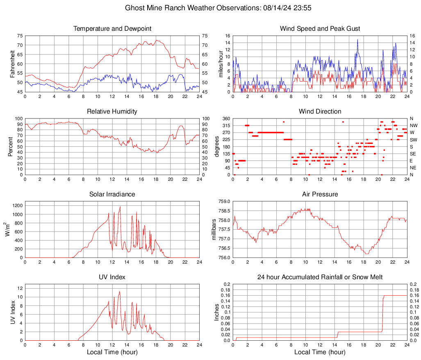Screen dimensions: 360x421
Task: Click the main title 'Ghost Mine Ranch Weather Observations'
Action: [211, 8]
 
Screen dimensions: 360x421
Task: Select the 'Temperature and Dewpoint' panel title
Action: [112, 29]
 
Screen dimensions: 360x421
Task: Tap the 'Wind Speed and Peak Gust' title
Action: [320, 29]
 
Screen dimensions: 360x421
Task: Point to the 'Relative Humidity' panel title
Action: [112, 112]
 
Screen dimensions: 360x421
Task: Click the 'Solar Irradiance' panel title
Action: [112, 194]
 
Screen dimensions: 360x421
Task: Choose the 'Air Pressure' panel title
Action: [320, 194]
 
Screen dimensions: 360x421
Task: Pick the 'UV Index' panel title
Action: [112, 277]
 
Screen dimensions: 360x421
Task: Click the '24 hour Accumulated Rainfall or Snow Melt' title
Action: [320, 277]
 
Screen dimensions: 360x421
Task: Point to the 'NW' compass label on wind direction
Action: [413, 125]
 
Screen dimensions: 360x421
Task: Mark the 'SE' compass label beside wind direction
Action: [413, 154]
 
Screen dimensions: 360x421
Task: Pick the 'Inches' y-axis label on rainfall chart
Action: [217, 312]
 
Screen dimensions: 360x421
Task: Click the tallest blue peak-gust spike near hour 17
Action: [357, 40]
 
